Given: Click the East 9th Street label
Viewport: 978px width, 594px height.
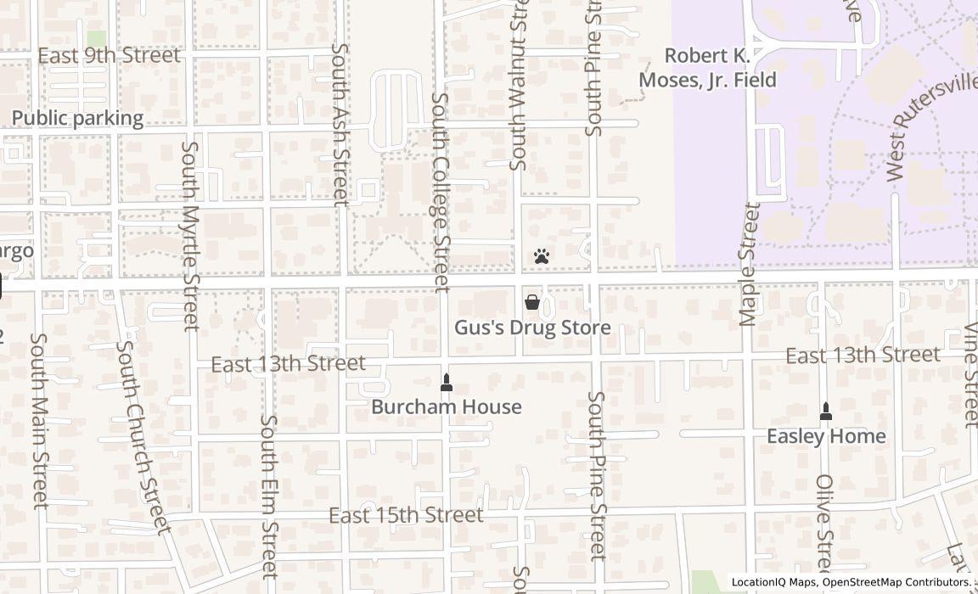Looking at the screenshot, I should click(x=109, y=56).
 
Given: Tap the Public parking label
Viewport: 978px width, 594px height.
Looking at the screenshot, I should click(x=77, y=118).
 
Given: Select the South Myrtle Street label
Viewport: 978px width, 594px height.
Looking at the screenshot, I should click(x=190, y=235).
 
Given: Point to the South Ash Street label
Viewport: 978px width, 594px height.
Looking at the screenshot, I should click(x=340, y=125).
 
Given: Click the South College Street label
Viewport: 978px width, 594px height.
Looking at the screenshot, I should click(x=441, y=193).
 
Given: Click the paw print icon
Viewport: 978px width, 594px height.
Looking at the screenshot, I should click(x=542, y=255).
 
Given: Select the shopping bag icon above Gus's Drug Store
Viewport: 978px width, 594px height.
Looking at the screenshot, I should click(x=532, y=301).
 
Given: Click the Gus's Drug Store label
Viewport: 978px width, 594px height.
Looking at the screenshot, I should click(x=532, y=328).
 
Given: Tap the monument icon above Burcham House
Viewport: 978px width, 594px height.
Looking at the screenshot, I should click(x=447, y=383).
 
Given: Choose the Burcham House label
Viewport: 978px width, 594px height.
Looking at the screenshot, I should click(x=447, y=407).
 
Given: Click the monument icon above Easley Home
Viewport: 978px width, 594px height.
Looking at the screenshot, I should click(x=826, y=412).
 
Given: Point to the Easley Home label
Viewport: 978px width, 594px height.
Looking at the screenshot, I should click(x=826, y=436).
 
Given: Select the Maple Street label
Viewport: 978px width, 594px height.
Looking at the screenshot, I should click(x=747, y=264).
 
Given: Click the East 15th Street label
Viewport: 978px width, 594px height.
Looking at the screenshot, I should click(x=406, y=515).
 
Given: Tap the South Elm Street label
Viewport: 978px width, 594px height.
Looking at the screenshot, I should click(x=269, y=496).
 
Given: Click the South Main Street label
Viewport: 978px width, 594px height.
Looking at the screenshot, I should click(x=39, y=420).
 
